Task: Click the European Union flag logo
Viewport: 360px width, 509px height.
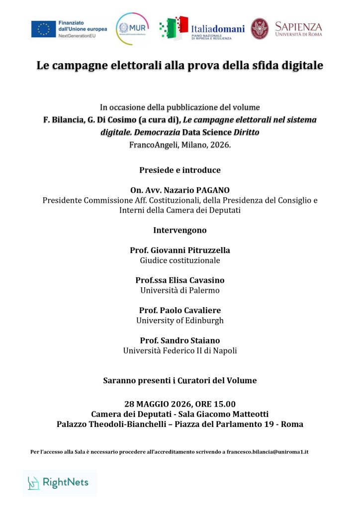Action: coord(43,29)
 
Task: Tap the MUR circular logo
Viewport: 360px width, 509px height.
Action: coord(132,28)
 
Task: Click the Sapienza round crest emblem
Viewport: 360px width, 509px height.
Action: coord(260,28)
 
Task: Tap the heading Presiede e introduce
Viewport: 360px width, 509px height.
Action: coord(180,170)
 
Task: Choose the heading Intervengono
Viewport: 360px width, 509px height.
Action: coord(180,230)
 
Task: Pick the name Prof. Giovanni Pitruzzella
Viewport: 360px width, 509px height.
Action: coord(180,250)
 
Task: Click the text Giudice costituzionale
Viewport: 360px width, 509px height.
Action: coord(180,260)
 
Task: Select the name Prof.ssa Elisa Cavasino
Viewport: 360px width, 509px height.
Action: coord(180,280)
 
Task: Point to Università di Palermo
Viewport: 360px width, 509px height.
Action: coord(180,290)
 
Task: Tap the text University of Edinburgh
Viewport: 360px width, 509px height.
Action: coord(180,321)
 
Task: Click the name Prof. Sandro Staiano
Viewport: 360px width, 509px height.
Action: coord(180,340)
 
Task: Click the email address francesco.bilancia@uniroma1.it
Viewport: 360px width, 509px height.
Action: coord(268,451)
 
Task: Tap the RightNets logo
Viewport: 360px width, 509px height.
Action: coord(59,482)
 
